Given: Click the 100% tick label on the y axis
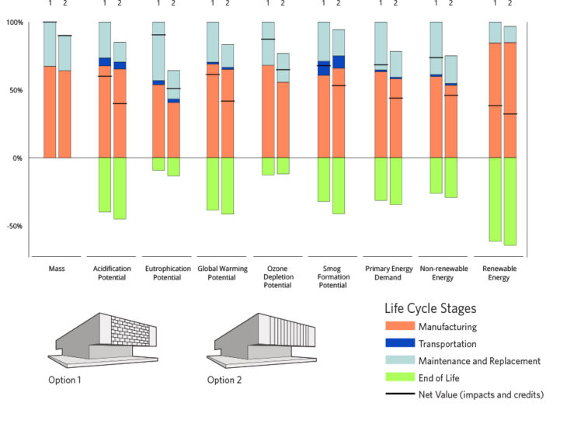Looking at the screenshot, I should point(14,22).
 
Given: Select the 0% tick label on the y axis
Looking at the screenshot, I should point(17,158).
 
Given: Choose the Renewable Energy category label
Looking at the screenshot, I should point(499,273).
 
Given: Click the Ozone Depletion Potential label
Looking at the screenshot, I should point(276,277).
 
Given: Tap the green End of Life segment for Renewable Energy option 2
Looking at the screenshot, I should point(510,201).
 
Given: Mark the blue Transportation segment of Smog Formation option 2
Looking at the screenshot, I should point(339,62).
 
